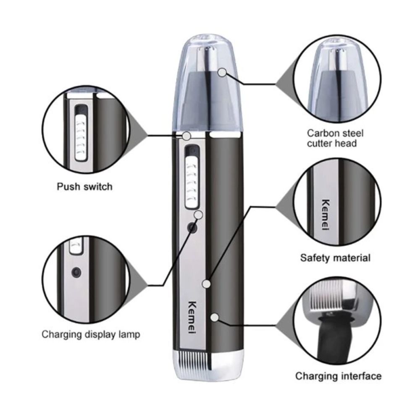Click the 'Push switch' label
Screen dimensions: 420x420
85,187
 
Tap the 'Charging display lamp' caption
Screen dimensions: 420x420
91,334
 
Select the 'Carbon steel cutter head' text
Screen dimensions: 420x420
335,138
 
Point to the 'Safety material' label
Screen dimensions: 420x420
335,258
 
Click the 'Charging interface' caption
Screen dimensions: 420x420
338,376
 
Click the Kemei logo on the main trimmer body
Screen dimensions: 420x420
192,317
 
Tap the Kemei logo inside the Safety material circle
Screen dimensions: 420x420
325,214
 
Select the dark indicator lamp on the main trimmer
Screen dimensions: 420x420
192,228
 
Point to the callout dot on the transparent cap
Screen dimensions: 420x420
222,72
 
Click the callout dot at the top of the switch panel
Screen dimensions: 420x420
186,136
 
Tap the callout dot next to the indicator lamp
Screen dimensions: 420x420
199,215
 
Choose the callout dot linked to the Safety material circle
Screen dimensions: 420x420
206,283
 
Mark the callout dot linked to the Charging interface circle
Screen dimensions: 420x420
215,318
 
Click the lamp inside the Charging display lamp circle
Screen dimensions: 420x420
76,273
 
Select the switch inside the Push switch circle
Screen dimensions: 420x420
81,137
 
